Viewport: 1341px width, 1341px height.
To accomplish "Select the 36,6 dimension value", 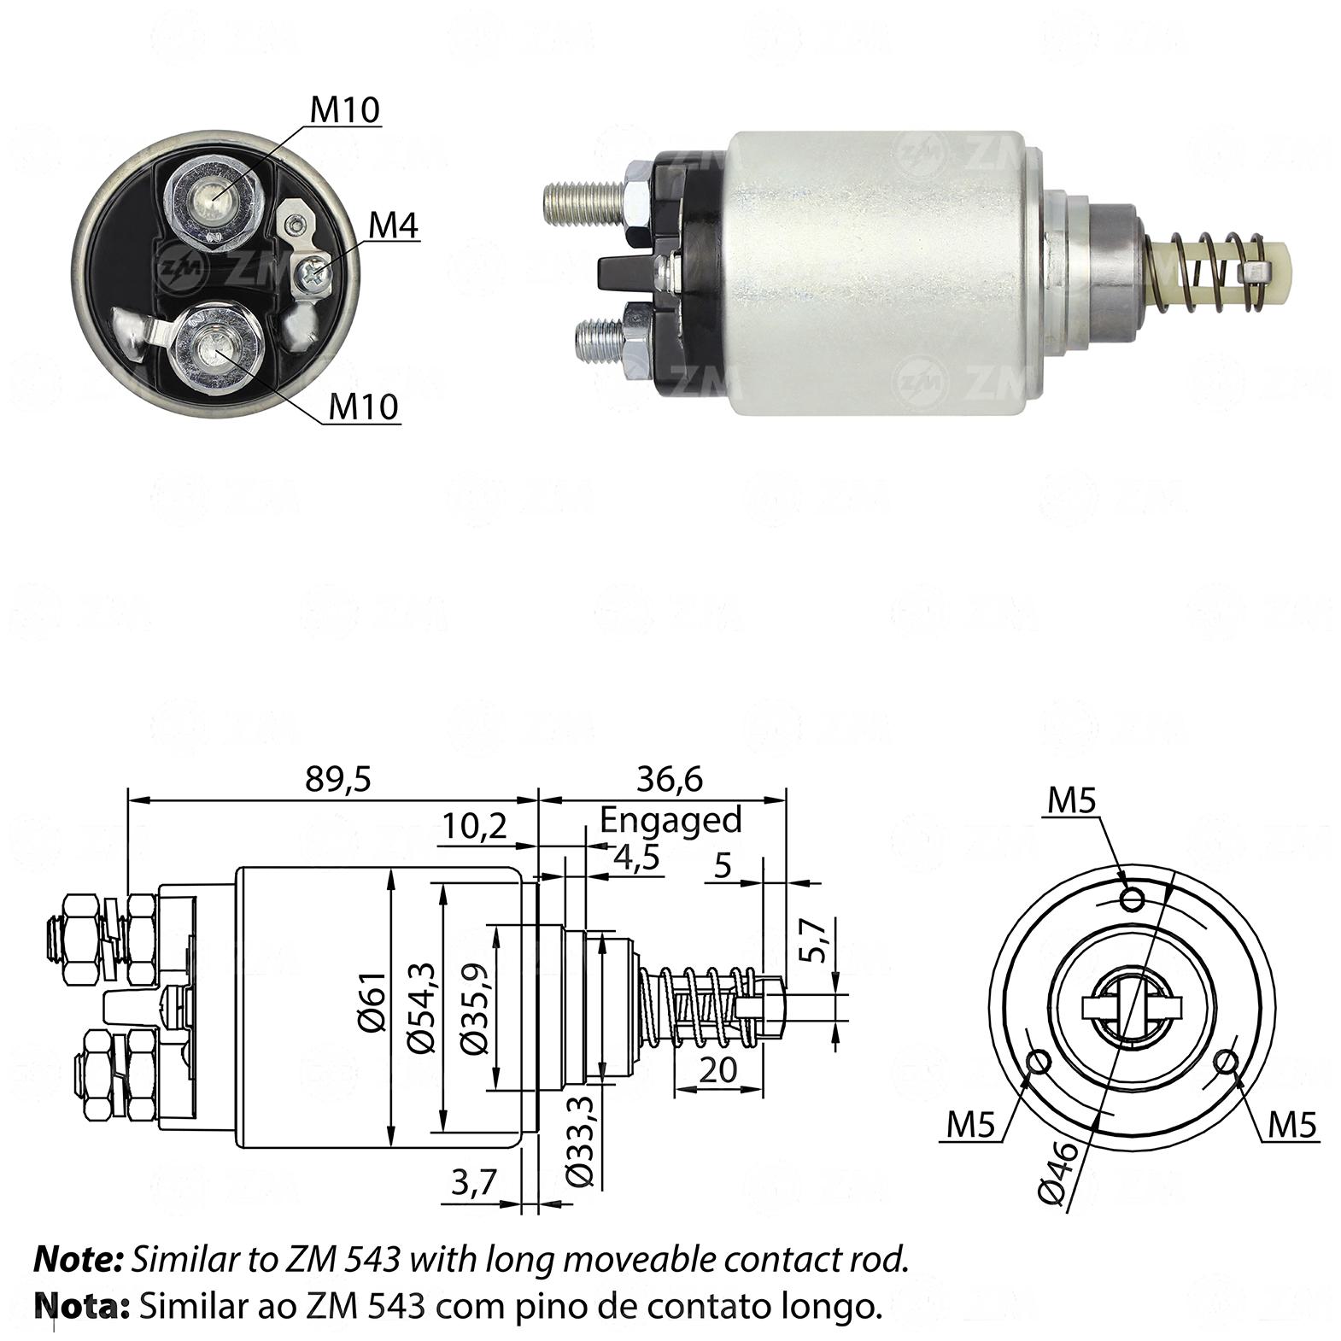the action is point(670,778).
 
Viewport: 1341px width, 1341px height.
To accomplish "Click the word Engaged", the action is point(670,820).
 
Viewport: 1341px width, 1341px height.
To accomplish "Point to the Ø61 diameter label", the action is point(374,1008).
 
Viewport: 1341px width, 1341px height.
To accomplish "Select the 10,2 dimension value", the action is point(475,825).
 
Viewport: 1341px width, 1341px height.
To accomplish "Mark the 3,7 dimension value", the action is point(473,1182).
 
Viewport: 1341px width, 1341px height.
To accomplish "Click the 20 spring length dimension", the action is point(717,1069).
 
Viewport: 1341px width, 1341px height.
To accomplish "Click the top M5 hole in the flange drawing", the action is point(1133,899).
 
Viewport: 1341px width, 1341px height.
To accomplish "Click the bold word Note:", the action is point(79,1260).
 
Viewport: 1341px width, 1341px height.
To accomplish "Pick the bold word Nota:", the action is point(82,1305).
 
